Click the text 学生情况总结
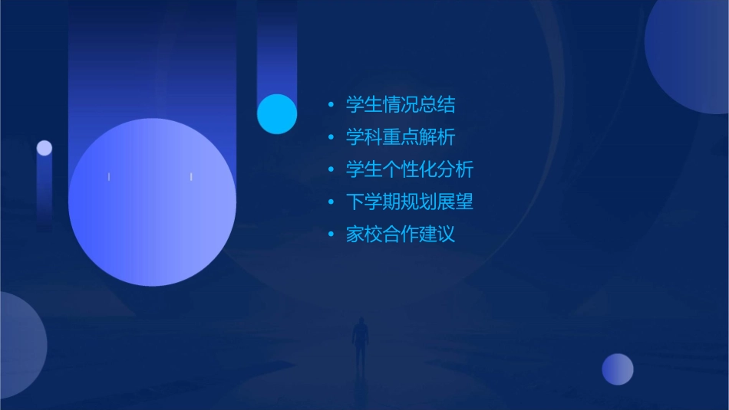tap(401, 105)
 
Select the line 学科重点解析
tap(401, 137)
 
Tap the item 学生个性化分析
tap(410, 169)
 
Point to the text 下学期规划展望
tap(410, 202)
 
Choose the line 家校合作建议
tap(401, 235)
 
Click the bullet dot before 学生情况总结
tap(331, 105)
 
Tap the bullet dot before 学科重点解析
tap(331, 138)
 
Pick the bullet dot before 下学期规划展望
tap(331, 202)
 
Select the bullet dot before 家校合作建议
tap(331, 235)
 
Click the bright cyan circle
tap(277, 113)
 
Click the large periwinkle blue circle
tap(152, 202)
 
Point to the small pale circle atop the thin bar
tap(45, 148)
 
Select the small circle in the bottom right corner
tap(618, 369)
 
